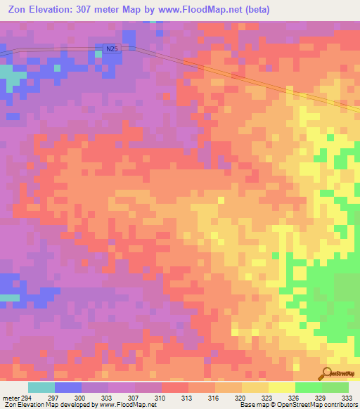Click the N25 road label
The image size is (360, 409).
pos(111,48)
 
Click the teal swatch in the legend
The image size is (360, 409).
pos(41,387)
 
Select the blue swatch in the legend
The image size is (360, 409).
pos(68,387)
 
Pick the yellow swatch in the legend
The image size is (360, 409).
pos(282,387)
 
